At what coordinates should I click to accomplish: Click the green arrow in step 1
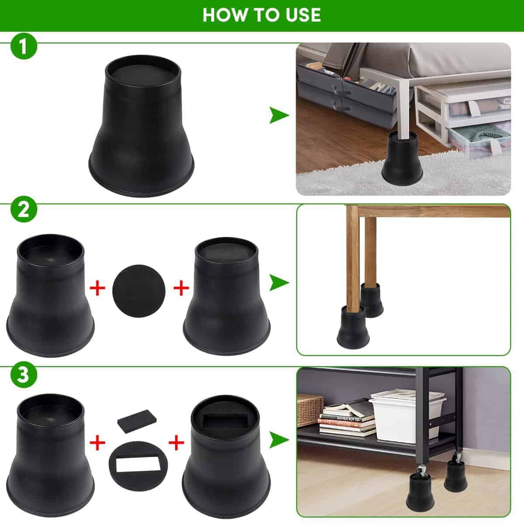point(279,116)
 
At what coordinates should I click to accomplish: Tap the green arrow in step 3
point(279,440)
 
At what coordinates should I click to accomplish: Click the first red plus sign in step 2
point(98,289)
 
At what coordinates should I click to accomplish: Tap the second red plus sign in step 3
point(176,443)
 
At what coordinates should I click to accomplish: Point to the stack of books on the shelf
point(348,420)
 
